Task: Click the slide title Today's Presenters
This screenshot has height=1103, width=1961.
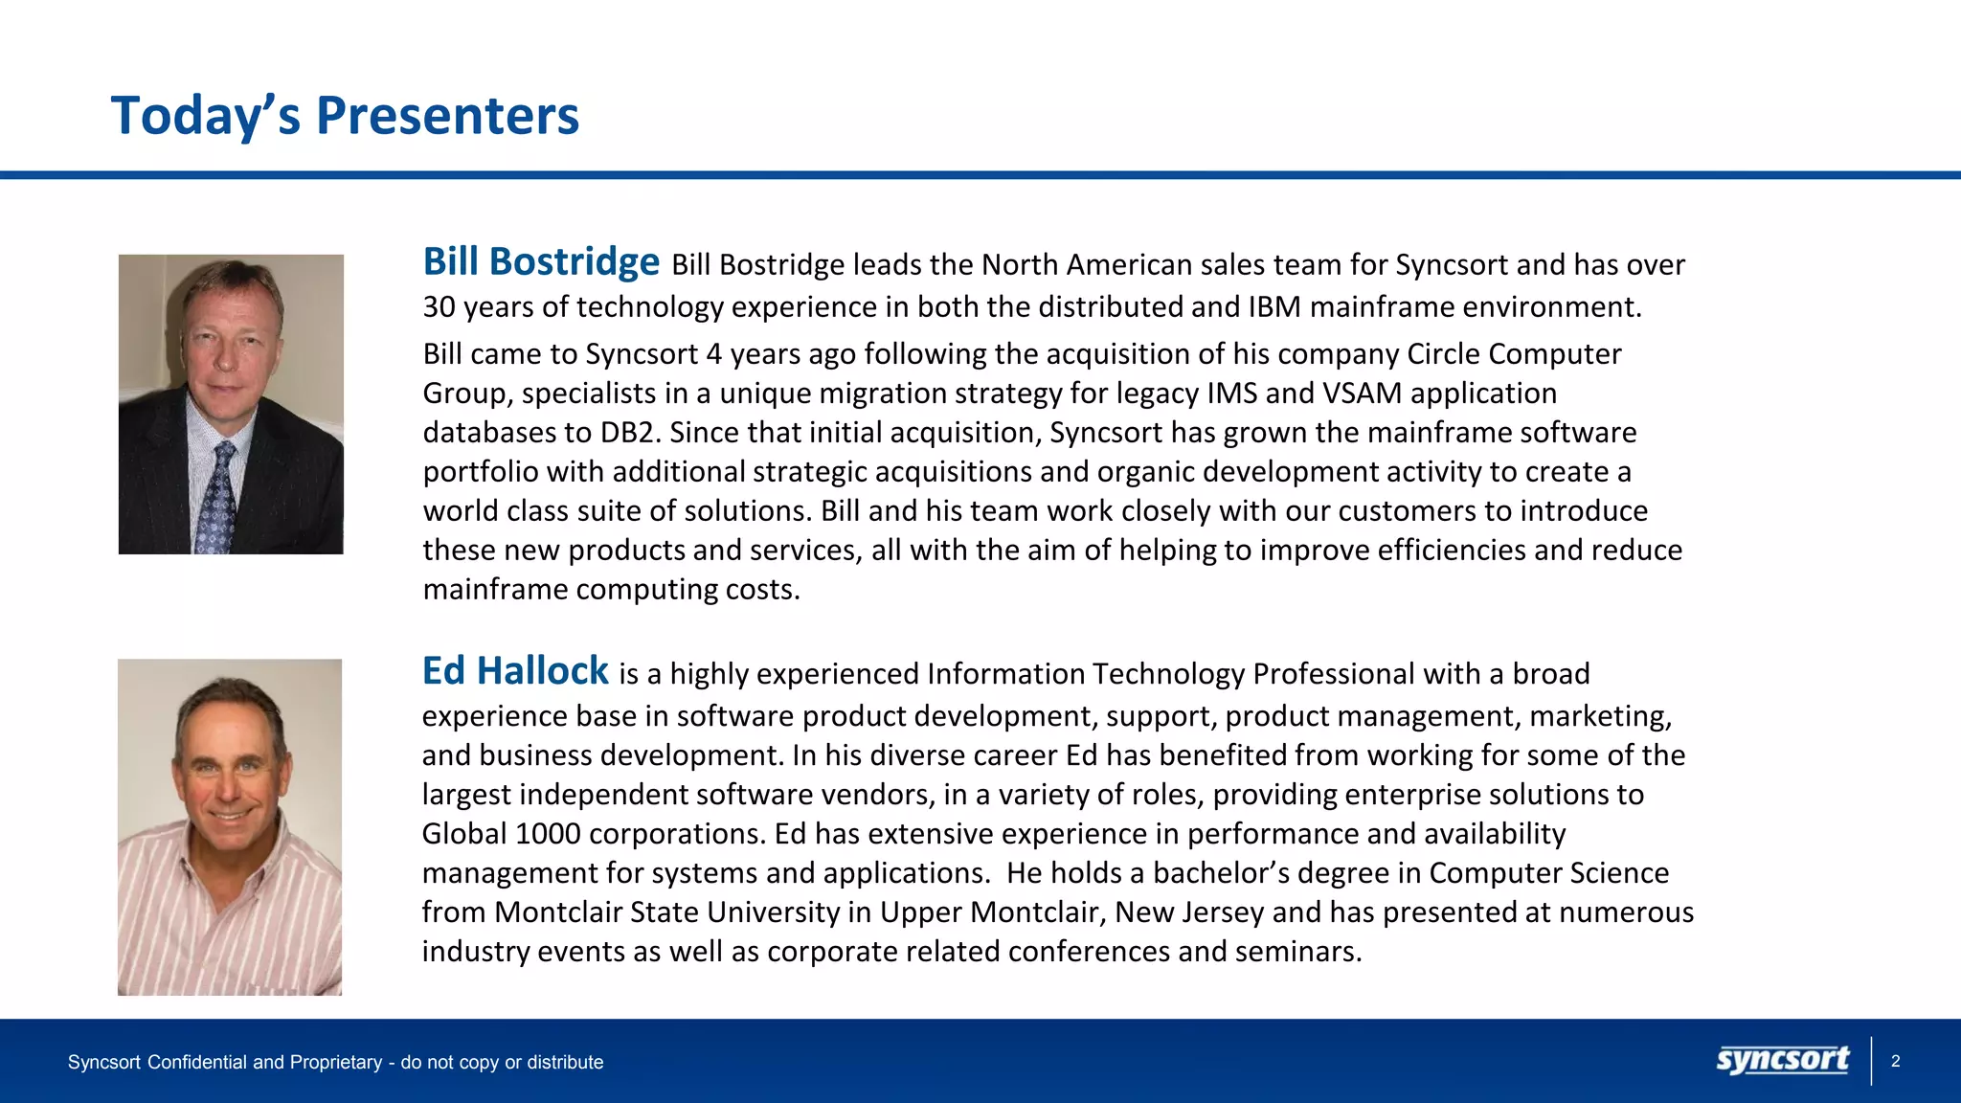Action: click(x=345, y=116)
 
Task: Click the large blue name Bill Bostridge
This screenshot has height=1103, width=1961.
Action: click(x=541, y=261)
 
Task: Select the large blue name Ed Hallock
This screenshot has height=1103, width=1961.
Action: click(x=515, y=670)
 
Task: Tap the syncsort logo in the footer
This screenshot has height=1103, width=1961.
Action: click(x=1782, y=1061)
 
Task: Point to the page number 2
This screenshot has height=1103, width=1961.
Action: click(x=1895, y=1061)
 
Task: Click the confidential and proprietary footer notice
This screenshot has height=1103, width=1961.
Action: click(x=335, y=1062)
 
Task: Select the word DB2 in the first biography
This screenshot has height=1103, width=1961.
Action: click(x=630, y=433)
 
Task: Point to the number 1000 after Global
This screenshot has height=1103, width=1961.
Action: click(x=548, y=834)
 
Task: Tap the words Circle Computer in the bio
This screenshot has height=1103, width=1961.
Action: click(x=1514, y=354)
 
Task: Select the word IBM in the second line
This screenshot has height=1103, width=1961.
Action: click(x=1274, y=307)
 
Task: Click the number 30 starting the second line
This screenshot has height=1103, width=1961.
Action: click(x=439, y=307)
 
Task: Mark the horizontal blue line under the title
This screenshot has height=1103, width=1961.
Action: click(x=980, y=175)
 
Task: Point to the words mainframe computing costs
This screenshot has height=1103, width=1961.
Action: click(x=611, y=590)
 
